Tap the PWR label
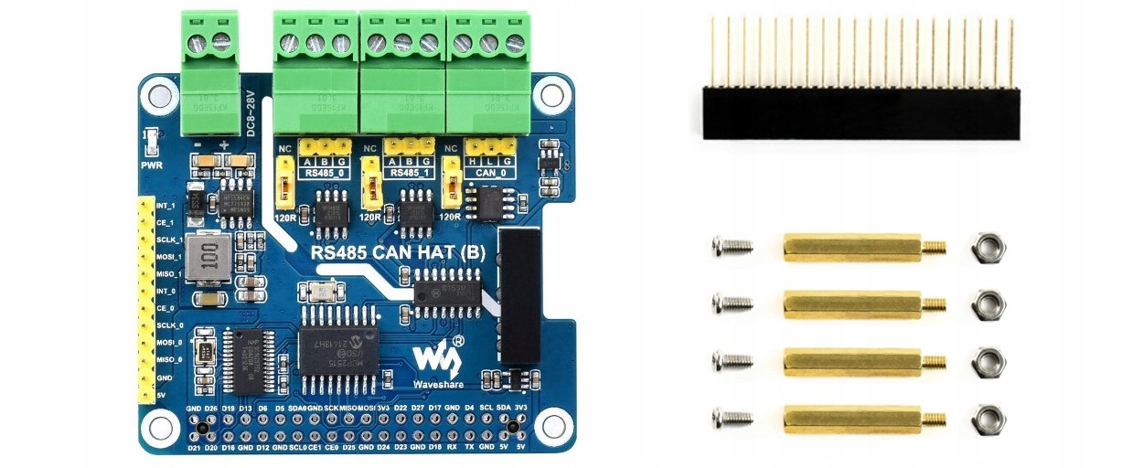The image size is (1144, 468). click(x=152, y=166)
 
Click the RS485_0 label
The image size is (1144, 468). click(x=326, y=172)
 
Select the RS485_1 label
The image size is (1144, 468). click(x=408, y=172)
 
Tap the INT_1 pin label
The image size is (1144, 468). click(x=166, y=206)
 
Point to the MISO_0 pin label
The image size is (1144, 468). click(x=169, y=359)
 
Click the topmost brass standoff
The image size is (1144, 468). click(x=850, y=248)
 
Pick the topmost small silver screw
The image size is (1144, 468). click(x=731, y=245)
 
